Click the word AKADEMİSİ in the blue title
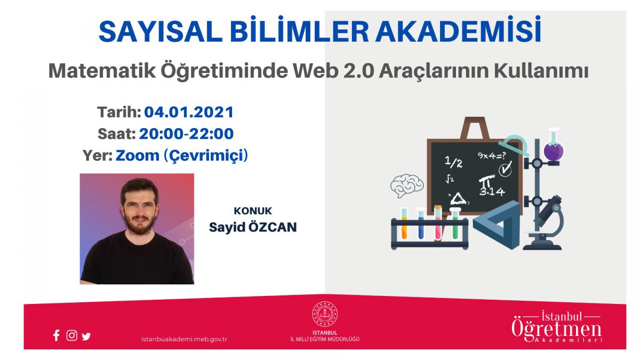tap(458, 30)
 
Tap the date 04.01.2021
tap(189, 112)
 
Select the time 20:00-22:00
tap(186, 134)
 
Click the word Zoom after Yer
tap(138, 156)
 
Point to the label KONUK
tap(253, 211)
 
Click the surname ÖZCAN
tap(273, 227)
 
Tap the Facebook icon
tap(57, 335)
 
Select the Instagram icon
tap(71, 335)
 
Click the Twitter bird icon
tap(86, 337)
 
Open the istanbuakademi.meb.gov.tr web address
tap(185, 339)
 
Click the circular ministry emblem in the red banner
tap(325, 314)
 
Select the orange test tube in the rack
tap(404, 223)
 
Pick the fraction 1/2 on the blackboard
tap(453, 162)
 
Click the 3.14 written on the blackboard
tap(492, 191)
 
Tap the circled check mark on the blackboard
tap(506, 169)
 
